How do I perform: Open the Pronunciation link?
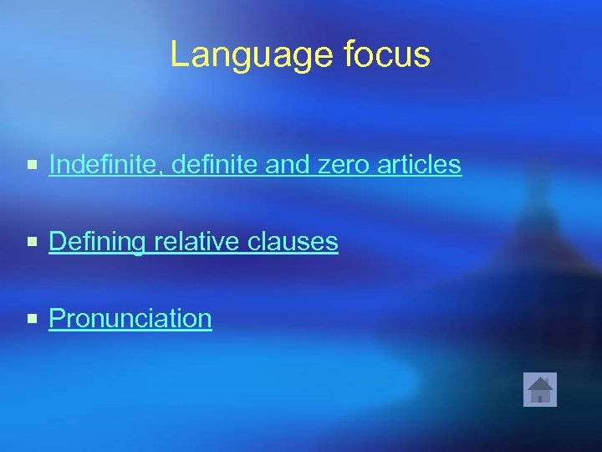[130, 319]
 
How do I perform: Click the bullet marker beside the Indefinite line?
[32, 166]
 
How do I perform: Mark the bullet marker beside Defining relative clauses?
[32, 243]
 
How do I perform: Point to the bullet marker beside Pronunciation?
[32, 319]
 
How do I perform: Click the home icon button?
[539, 389]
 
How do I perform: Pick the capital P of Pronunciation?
[57, 318]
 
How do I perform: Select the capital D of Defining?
[58, 242]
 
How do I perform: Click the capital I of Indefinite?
[53, 165]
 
